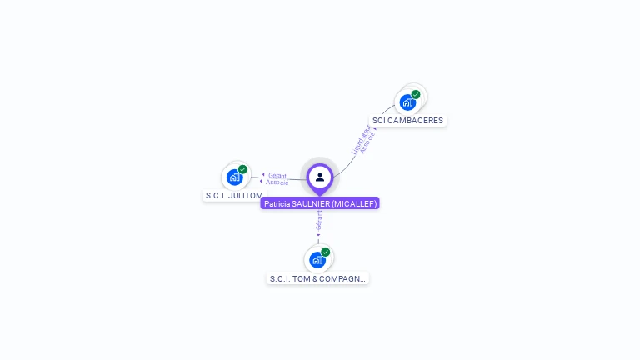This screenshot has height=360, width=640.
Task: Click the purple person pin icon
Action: (320, 177)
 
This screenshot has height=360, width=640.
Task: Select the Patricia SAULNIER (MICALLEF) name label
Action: (320, 203)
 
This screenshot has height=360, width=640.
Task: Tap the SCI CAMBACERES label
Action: (407, 121)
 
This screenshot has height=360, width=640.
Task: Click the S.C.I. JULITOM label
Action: (234, 196)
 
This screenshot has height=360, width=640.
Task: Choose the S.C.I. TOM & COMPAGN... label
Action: (317, 278)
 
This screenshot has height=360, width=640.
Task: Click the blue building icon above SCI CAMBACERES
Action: (407, 102)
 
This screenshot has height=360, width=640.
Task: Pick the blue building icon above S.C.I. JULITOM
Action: (235, 177)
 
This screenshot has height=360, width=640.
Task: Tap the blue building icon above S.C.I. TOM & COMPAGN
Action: (317, 259)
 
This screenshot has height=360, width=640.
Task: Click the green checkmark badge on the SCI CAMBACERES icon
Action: (416, 94)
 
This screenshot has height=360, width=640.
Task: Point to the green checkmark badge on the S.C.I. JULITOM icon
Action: (242, 169)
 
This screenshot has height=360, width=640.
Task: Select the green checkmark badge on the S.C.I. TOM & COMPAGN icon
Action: (325, 252)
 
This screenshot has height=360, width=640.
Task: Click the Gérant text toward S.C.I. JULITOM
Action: (277, 175)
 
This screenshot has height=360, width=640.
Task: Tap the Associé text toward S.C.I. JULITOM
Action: (277, 182)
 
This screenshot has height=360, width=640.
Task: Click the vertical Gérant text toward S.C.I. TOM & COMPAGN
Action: (318, 221)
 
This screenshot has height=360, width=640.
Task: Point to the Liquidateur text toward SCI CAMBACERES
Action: (359, 139)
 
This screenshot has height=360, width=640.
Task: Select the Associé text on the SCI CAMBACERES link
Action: (367, 142)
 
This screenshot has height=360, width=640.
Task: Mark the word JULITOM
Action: (246, 196)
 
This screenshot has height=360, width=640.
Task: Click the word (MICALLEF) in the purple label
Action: (354, 203)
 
